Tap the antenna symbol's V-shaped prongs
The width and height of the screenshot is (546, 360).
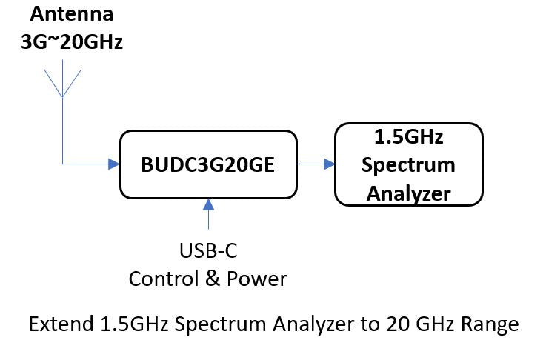[63, 81]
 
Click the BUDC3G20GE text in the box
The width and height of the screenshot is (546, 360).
[208, 164]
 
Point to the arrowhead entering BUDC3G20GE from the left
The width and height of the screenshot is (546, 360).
[113, 164]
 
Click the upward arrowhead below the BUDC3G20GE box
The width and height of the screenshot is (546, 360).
[209, 203]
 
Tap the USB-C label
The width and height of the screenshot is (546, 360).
[208, 252]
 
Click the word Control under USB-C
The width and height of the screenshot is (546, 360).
[163, 279]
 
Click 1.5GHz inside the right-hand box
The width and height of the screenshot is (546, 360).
[409, 138]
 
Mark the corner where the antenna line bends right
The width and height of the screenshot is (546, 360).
[64, 164]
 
